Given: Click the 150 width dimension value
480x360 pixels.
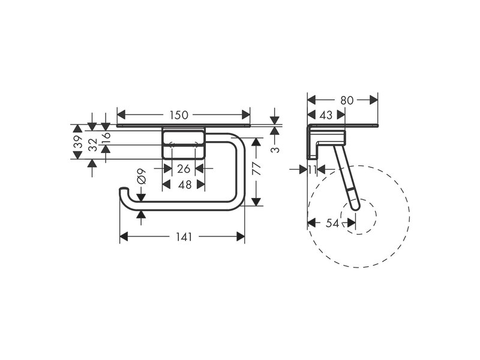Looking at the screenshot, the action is (x=179, y=115).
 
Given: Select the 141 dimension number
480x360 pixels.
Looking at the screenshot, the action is (x=184, y=236).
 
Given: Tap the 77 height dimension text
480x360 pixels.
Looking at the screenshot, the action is (x=257, y=169).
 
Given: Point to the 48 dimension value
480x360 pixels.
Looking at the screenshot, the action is (x=185, y=185).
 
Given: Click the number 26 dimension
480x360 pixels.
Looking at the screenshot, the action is (x=184, y=169).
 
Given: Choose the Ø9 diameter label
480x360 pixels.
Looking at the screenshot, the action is (x=142, y=176).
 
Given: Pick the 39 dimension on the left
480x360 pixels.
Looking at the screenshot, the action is (x=79, y=142).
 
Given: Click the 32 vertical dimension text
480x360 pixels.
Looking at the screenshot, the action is (x=92, y=145).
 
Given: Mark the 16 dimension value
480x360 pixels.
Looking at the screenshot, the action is (x=106, y=136).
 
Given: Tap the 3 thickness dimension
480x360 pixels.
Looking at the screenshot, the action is (x=276, y=149).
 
